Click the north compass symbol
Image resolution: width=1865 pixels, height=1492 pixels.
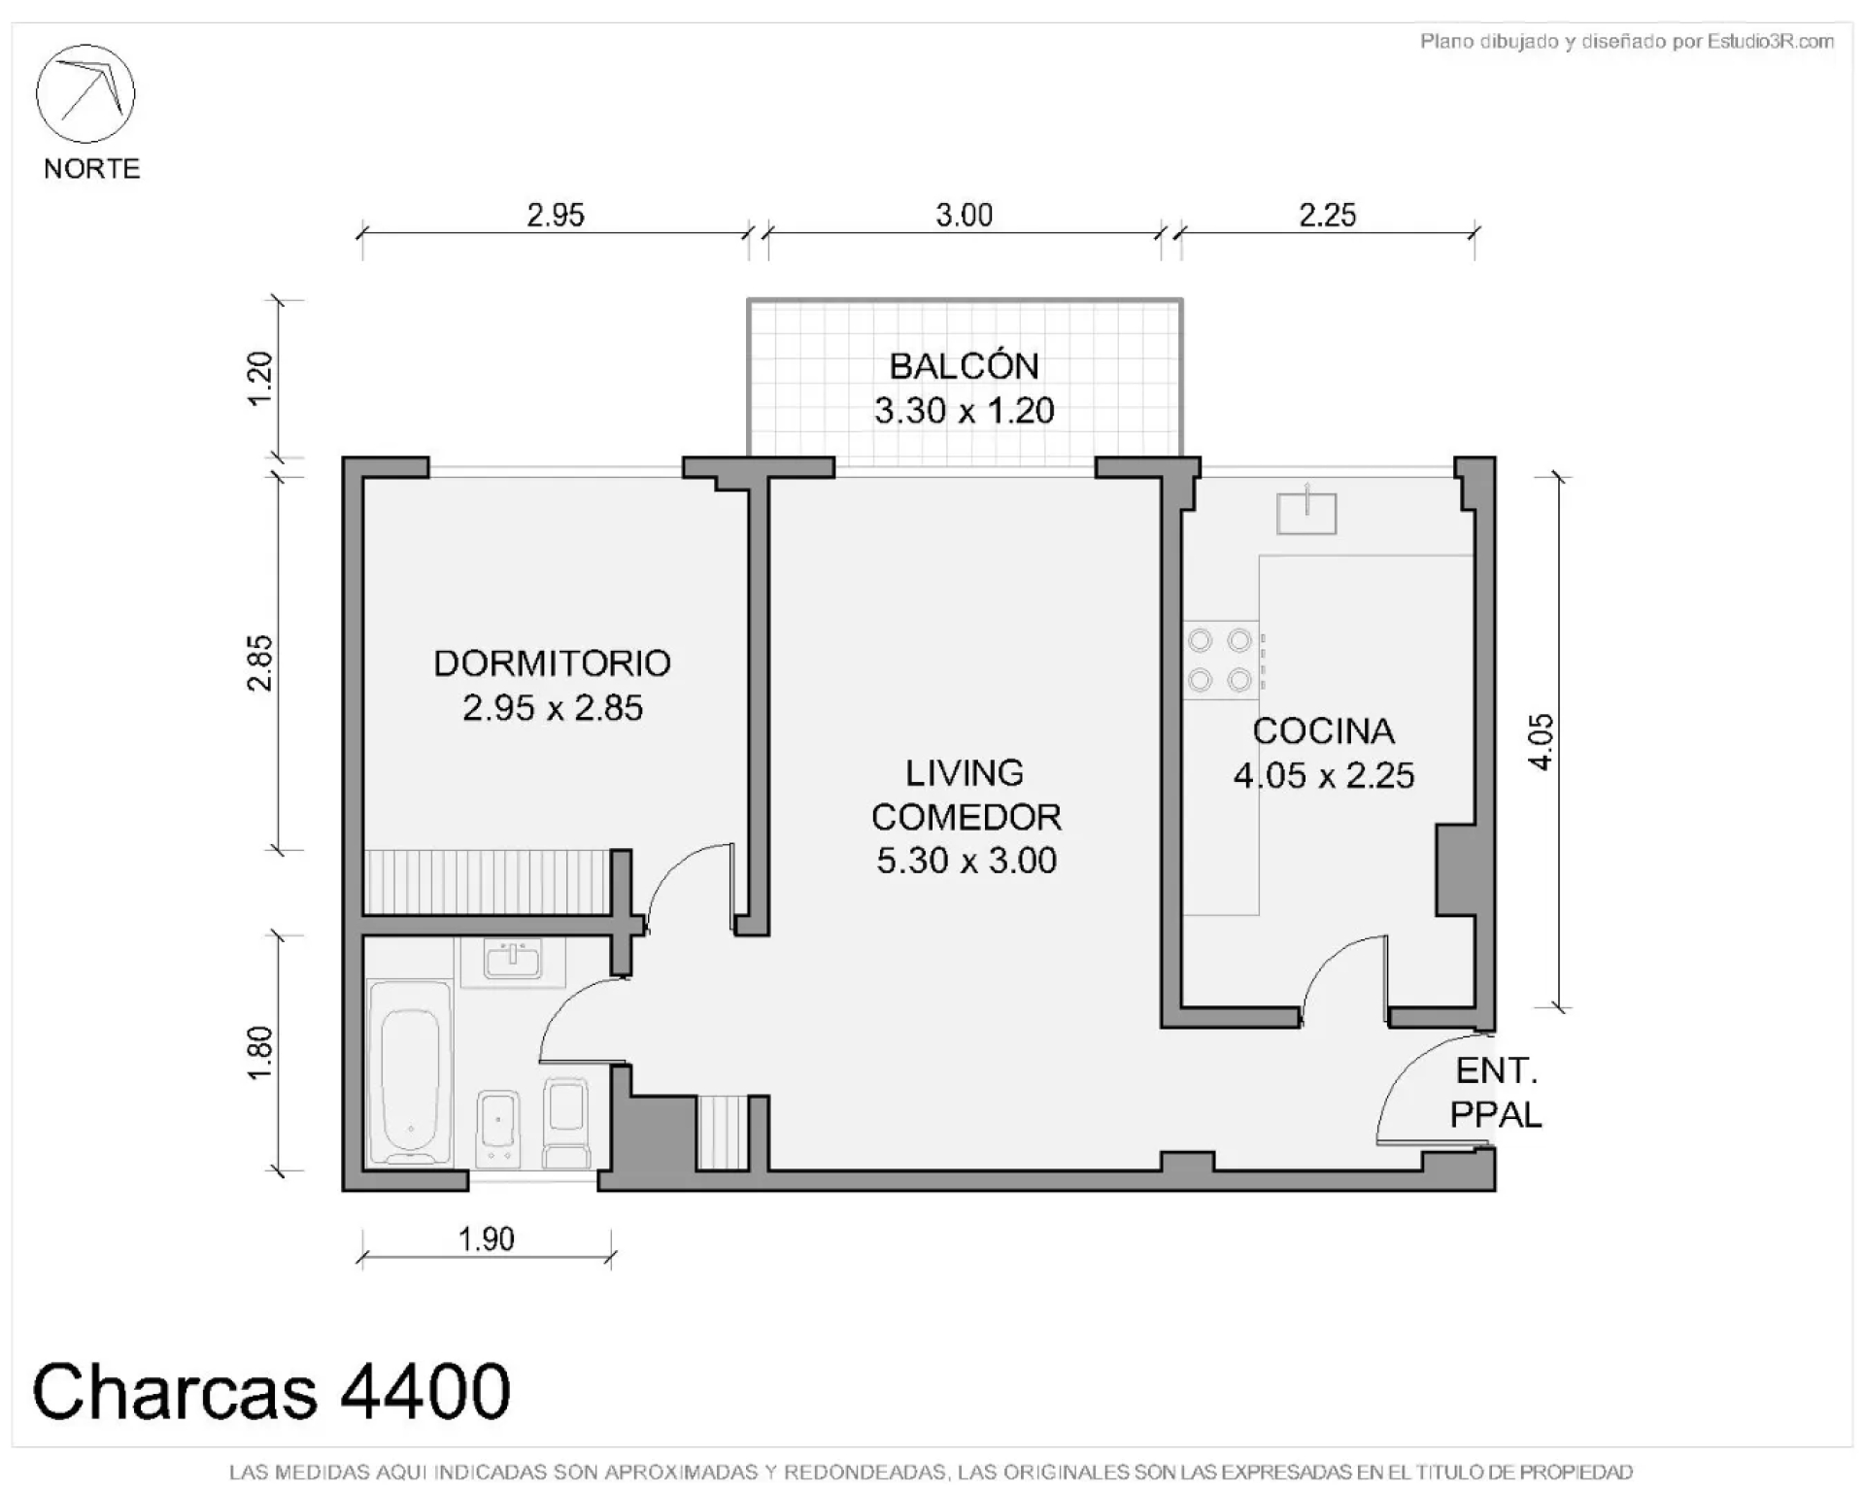click(x=85, y=93)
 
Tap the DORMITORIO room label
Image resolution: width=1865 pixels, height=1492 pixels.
click(x=552, y=663)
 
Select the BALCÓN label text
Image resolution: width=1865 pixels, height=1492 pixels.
click(x=965, y=366)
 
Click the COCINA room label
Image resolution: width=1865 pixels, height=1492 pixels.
click(x=1323, y=731)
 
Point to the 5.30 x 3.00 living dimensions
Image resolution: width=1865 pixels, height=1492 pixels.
click(x=966, y=861)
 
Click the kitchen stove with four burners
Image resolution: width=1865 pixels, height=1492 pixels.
click(x=1223, y=661)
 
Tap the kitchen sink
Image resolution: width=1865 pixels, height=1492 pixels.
click(x=1306, y=511)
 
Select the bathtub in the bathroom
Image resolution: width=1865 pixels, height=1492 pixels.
click(x=411, y=1072)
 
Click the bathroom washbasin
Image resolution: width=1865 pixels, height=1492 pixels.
click(x=512, y=960)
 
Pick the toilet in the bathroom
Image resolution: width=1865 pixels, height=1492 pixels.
click(x=566, y=1121)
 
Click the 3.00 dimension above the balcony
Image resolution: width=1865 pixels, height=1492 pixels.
click(x=965, y=215)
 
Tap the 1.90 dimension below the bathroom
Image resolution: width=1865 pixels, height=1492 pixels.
click(x=486, y=1238)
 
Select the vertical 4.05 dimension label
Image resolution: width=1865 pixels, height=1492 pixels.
click(x=1541, y=743)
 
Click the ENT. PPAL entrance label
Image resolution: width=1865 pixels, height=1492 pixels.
click(x=1496, y=1093)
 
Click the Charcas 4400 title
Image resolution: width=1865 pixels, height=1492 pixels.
click(x=272, y=1392)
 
